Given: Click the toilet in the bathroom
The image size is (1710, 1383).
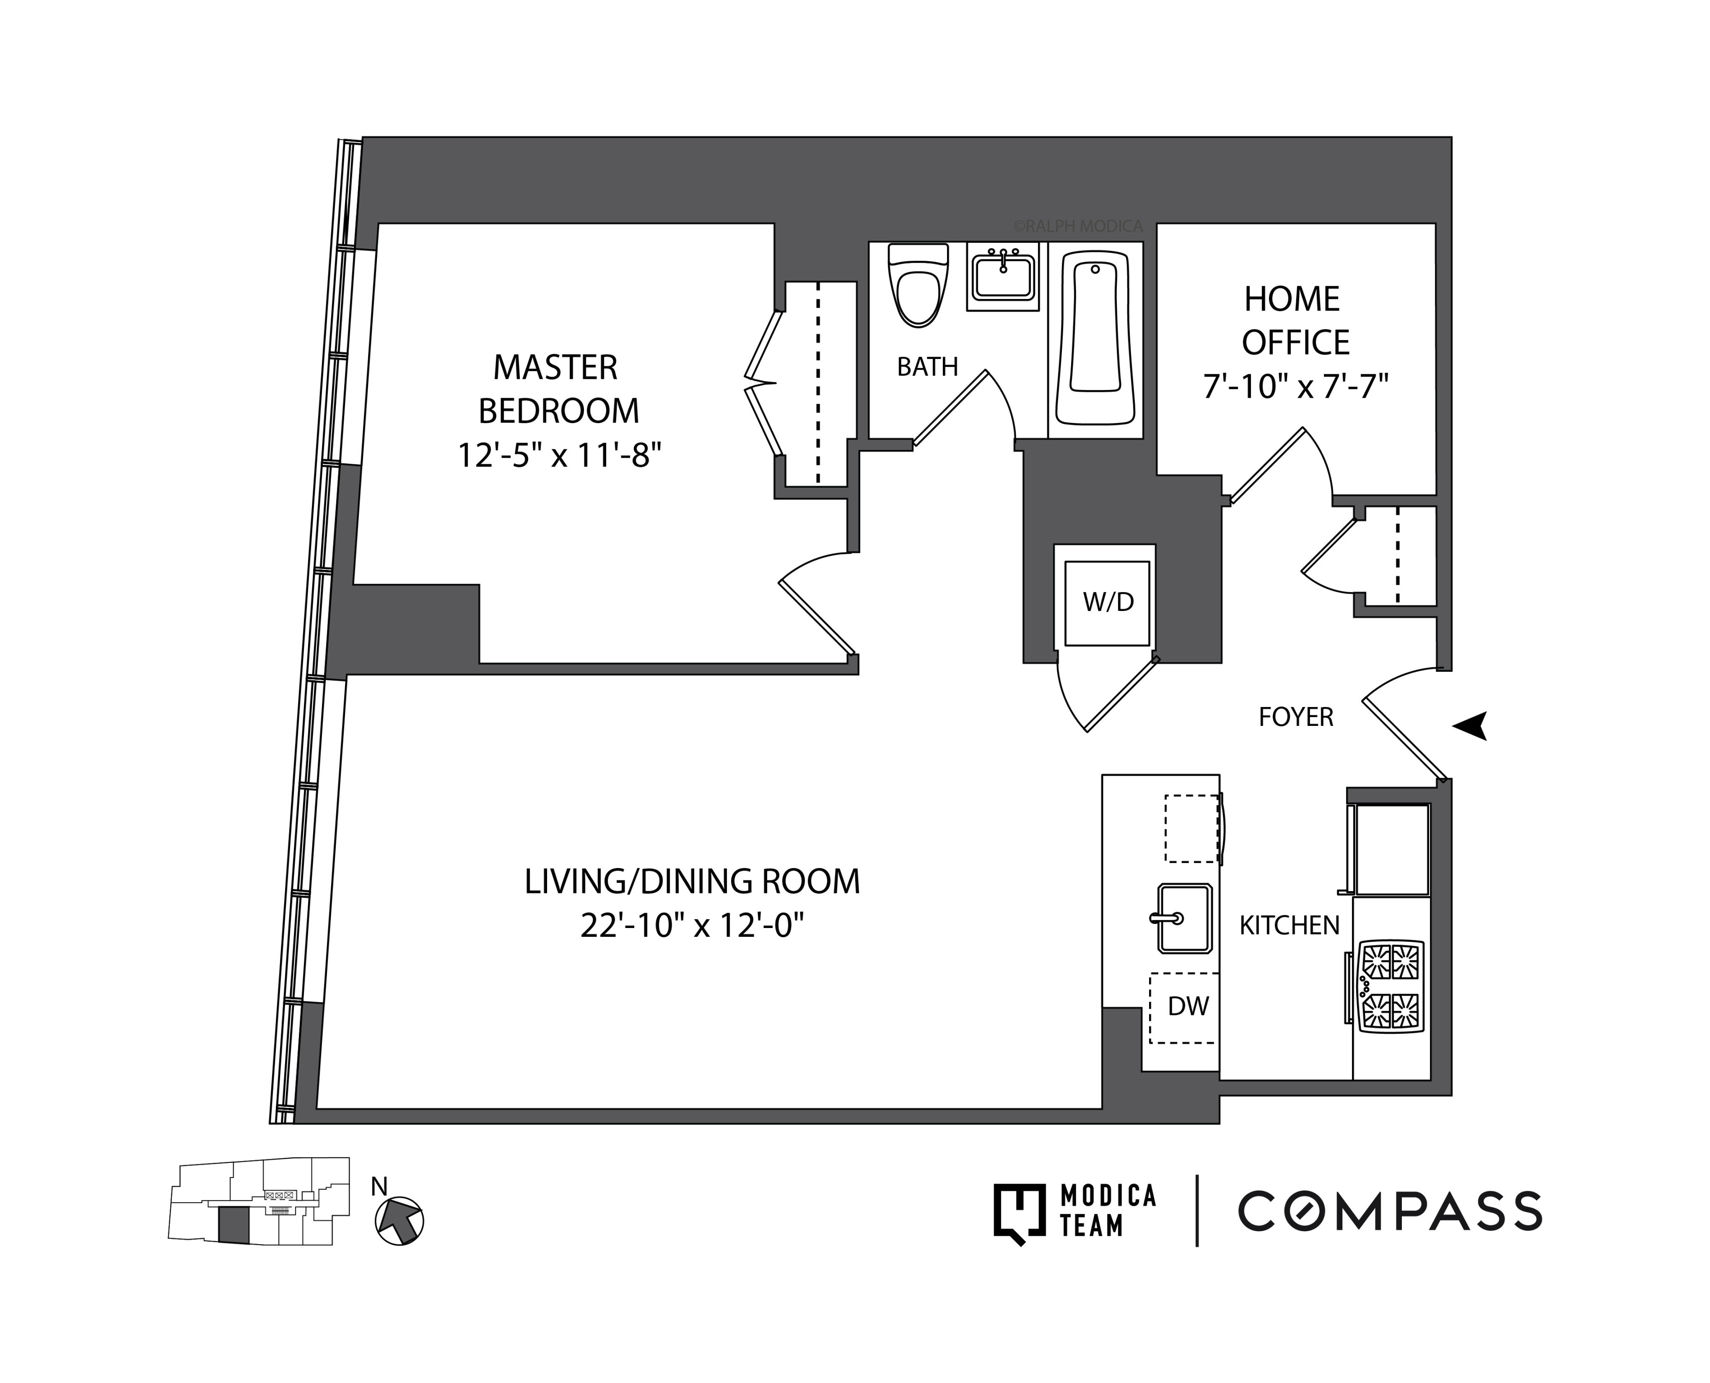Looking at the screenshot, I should (x=918, y=287).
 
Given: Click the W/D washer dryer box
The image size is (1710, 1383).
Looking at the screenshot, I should (x=1107, y=602).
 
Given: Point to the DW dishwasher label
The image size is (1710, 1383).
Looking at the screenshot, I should (x=1187, y=1006).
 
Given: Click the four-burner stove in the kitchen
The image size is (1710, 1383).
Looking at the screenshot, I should (x=1391, y=986).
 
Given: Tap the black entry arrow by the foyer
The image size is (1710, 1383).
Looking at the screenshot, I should (x=1470, y=725).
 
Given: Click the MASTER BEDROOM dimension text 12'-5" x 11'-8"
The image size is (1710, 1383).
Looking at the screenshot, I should (x=559, y=455).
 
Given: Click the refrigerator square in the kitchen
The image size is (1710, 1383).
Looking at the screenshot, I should (x=1391, y=849).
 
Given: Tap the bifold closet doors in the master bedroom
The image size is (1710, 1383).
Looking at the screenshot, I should (x=762, y=383).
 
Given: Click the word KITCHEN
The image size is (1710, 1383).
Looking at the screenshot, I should (x=1289, y=925).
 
